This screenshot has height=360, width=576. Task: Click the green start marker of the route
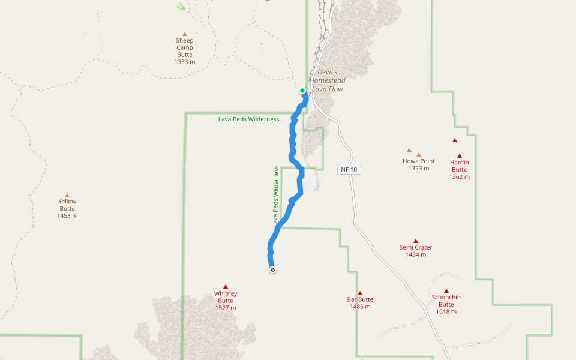[302, 91]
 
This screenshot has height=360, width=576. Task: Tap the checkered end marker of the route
[272, 269]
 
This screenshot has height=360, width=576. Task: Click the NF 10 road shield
[349, 170]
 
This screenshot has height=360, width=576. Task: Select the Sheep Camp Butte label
[185, 47]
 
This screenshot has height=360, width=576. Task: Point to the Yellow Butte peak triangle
[67, 195]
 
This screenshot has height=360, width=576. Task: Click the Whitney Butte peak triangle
[226, 287]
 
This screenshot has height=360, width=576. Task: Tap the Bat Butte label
[360, 299]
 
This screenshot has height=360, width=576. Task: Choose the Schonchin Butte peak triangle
[446, 290]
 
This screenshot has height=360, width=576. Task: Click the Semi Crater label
[416, 247]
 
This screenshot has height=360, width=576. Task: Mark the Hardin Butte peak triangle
[460, 156]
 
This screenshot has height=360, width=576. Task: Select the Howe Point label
[419, 161]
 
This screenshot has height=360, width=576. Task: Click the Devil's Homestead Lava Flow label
[327, 80]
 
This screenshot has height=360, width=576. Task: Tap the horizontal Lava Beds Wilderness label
[248, 119]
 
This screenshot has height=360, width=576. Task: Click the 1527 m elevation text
[226, 308]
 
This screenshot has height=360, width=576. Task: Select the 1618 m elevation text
[446, 311]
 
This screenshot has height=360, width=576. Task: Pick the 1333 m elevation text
[185, 62]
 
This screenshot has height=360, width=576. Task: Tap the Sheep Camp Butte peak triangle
[185, 34]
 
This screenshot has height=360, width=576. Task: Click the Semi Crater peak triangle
[416, 241]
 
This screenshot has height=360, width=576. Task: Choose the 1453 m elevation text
[67, 216]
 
